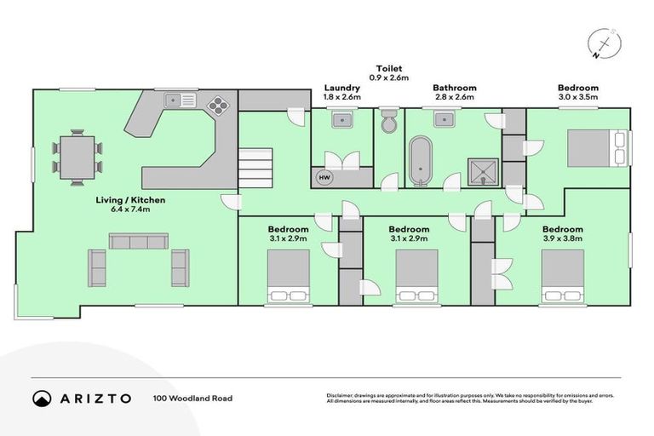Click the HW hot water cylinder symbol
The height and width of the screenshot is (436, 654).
[x=324, y=177]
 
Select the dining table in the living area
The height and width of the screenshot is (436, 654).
[x=77, y=157]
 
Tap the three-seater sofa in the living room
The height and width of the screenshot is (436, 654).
[x=137, y=242]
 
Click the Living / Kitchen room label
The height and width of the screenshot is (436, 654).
[x=130, y=201]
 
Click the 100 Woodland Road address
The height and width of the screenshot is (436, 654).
[x=192, y=398]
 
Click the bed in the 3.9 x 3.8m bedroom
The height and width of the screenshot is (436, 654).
[x=562, y=277]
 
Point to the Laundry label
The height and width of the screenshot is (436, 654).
[x=342, y=88]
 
